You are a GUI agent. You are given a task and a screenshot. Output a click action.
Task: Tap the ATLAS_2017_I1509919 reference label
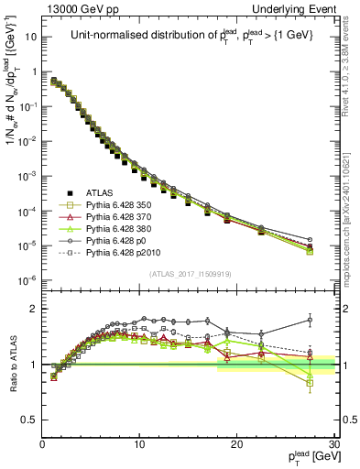pyautogui.click(x=189, y=273)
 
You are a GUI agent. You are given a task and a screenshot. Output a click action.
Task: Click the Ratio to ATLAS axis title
pyautogui.click(x=12, y=365)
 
